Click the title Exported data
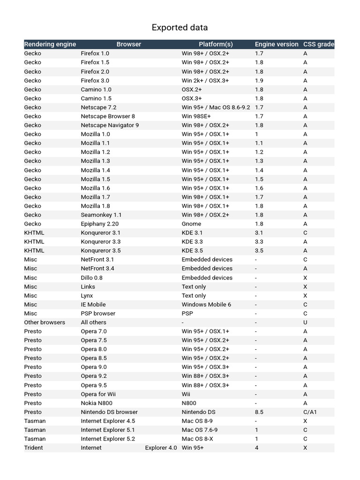coord(180,28)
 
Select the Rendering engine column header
coord(50,44)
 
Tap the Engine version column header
coord(277,44)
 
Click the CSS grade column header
coord(319,44)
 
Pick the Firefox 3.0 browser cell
coord(95,81)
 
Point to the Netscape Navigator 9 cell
coord(110,125)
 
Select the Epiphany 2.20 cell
coord(99,224)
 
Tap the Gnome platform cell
coord(191,224)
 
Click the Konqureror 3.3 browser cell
coord(100,242)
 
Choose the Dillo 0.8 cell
coord(91,278)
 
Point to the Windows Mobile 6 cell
coord(206,305)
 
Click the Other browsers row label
coord(45,322)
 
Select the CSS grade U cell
coord(305,322)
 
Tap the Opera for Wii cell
coord(98,394)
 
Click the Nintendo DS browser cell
coord(109,412)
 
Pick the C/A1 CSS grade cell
coord(310,412)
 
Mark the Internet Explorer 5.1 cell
coord(108,430)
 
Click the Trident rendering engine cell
coord(33,448)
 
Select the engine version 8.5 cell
coord(259,412)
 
